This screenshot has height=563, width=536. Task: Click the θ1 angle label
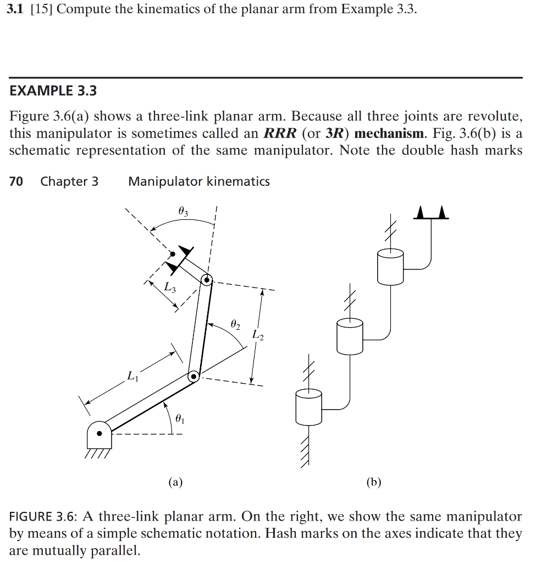tap(180, 420)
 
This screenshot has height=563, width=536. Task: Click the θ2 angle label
tap(235, 325)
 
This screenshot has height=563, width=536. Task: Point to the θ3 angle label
tap(184, 211)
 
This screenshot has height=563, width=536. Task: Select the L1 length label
tap(131, 377)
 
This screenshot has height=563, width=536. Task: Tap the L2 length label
tap(258, 334)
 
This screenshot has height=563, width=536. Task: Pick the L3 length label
tap(170, 286)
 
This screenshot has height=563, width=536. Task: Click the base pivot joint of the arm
tap(100, 433)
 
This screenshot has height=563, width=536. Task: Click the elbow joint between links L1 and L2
tap(194, 377)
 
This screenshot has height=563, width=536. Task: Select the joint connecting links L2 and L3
tap(207, 280)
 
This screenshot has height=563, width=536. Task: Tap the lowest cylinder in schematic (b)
tap(308, 407)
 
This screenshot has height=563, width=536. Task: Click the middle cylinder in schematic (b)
tap(349, 336)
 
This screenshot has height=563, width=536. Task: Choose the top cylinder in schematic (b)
tap(390, 267)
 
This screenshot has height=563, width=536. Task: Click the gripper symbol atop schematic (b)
tap(431, 213)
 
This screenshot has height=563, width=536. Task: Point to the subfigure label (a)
tap(175, 483)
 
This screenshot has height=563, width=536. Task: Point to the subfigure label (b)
tap(373, 483)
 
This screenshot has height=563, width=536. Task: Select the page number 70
tap(16, 181)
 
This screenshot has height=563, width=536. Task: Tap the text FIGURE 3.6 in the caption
tap(43, 517)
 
